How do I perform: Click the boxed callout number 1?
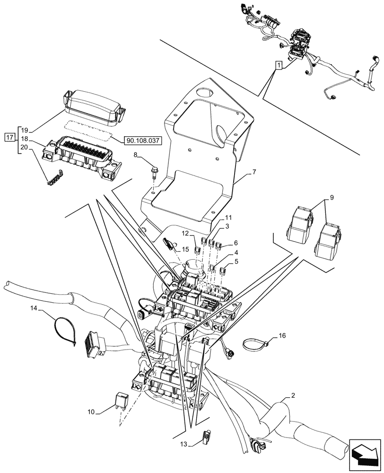point(279,65)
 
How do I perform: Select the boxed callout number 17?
point(9,138)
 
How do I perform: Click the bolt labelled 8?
point(154,170)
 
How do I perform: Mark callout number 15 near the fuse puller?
point(185,249)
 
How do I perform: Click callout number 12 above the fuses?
point(185,233)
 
